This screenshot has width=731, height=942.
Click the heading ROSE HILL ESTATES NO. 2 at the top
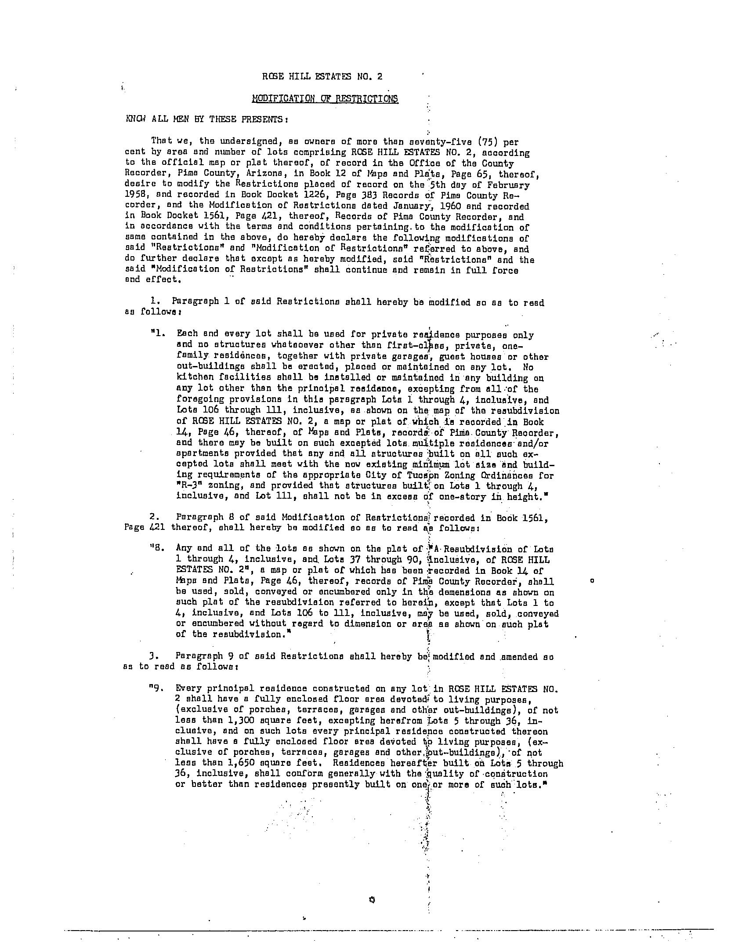point(322,76)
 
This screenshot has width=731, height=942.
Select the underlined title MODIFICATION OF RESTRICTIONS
point(325,98)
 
